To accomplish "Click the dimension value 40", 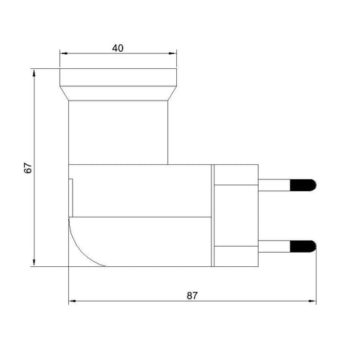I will [x=118, y=47].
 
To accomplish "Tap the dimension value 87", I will [x=192, y=295].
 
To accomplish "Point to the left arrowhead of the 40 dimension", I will [x=63, y=54].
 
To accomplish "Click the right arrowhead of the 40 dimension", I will [x=174, y=54].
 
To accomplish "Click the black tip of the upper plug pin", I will [x=304, y=183].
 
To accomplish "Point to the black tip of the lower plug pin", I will [x=304, y=244].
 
